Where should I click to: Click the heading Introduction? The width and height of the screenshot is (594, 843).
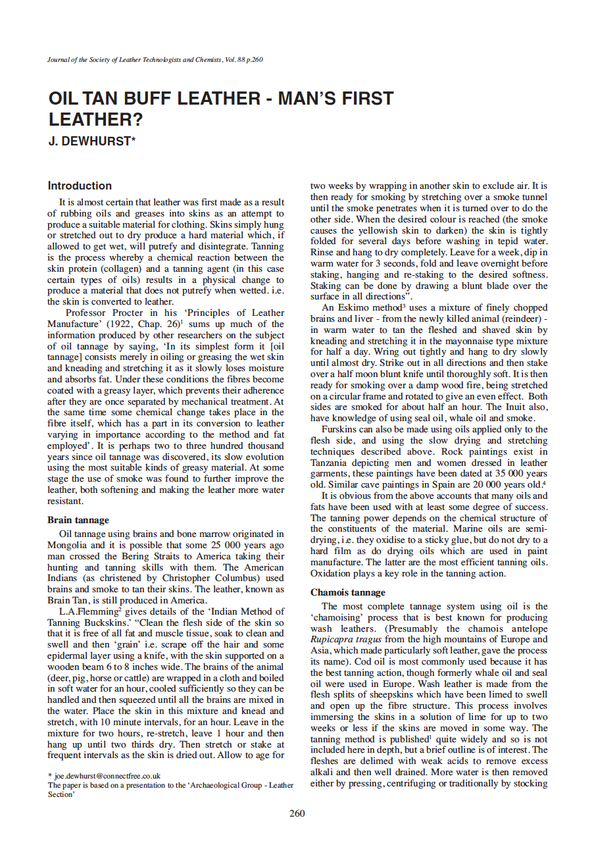click(x=80, y=186)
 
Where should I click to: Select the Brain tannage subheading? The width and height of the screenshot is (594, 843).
click(x=78, y=520)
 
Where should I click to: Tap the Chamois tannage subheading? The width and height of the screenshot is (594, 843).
click(x=347, y=592)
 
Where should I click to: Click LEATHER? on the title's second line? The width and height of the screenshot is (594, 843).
click(x=95, y=120)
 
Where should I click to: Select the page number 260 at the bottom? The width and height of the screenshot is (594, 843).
click(x=297, y=813)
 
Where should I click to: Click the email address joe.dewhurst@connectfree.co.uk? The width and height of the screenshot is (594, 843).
click(x=107, y=776)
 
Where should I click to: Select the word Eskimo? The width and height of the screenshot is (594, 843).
click(x=354, y=307)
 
